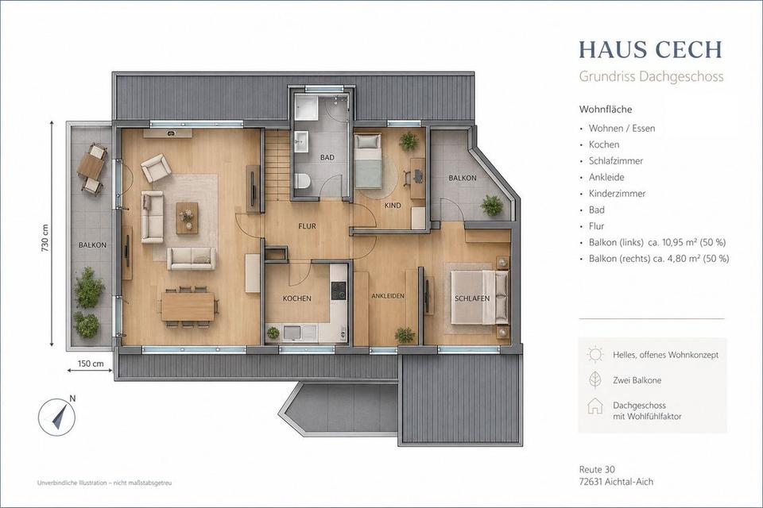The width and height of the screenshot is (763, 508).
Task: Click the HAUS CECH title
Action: point(650,49)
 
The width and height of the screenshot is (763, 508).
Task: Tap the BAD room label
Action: point(327,157)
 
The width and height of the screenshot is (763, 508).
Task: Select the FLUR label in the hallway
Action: point(307,226)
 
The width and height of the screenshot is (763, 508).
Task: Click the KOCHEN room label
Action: point(296,298)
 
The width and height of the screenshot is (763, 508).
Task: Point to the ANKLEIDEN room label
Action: point(388,295)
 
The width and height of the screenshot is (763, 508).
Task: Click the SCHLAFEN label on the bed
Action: point(472,298)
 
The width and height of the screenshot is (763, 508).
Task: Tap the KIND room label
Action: point(393,206)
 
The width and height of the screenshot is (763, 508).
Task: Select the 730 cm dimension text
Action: point(45,238)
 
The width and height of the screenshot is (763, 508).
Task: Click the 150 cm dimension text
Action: point(91,363)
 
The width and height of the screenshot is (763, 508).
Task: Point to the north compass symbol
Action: point(57,417)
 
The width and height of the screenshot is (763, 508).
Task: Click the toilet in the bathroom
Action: point(302,181)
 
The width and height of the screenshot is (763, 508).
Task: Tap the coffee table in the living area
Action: point(187,218)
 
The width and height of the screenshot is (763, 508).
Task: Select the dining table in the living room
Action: point(188,306)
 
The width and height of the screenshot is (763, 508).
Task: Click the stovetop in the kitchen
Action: point(339,291)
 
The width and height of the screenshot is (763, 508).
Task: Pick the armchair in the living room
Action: point(156,167)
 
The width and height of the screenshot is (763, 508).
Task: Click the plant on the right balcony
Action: point(492,206)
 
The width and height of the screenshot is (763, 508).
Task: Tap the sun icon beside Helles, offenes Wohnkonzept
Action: point(595,355)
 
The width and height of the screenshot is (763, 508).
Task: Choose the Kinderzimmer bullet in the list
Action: point(617,194)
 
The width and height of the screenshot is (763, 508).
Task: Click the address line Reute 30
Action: point(597,470)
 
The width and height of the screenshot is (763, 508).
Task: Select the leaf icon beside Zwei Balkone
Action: point(595,380)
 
